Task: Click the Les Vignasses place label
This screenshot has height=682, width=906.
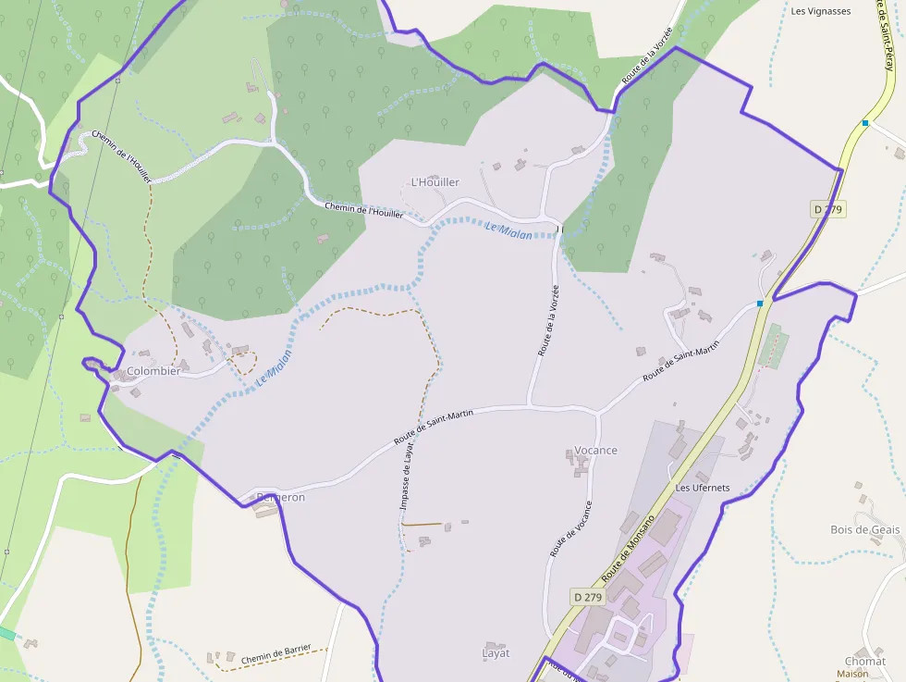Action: (821, 12)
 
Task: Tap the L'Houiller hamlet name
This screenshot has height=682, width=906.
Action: (435, 182)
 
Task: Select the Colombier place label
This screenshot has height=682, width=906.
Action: (153, 371)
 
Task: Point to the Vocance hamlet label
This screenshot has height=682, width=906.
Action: (595, 451)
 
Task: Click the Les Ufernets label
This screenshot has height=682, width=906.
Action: (703, 488)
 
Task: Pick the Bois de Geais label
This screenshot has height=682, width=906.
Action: (864, 529)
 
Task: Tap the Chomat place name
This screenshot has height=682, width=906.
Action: (864, 662)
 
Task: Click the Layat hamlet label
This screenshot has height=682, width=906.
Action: (496, 653)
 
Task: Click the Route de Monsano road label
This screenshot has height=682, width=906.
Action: (628, 549)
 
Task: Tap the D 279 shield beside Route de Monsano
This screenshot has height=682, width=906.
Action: (587, 597)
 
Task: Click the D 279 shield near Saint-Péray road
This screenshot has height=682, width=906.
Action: (828, 210)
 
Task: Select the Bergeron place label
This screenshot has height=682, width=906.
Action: (280, 497)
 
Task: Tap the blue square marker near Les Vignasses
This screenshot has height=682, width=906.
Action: (865, 123)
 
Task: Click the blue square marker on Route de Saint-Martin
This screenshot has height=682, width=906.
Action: (760, 304)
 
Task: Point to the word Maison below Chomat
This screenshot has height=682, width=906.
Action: (852, 675)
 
